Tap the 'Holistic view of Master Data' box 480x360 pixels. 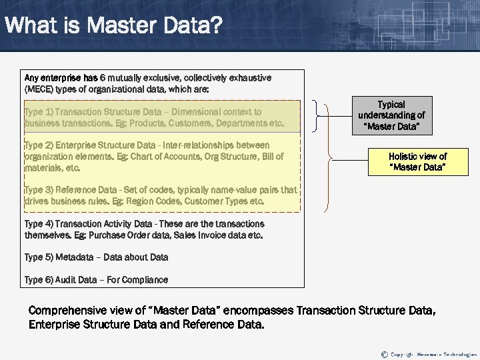pos(417,161)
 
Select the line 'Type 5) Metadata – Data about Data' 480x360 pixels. pos(96,257)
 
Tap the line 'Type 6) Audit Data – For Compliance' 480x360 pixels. pos(96,280)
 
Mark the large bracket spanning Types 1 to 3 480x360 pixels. pos(327,157)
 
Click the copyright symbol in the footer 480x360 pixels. pos(384,354)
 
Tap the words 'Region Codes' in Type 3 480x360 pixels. pos(146,201)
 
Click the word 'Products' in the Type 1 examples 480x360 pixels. pos(148,123)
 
